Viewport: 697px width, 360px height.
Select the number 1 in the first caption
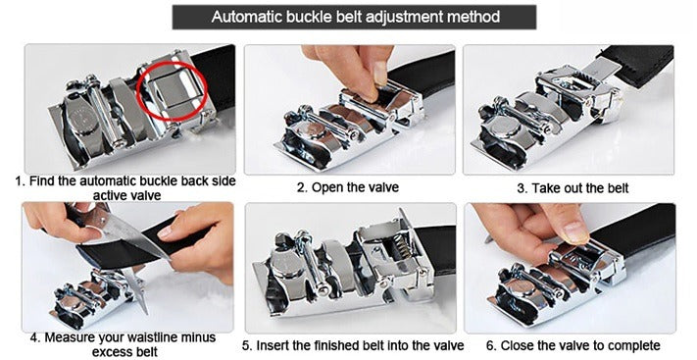point(19,181)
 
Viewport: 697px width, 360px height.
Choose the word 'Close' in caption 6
point(520,345)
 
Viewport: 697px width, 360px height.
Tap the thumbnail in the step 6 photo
point(576,232)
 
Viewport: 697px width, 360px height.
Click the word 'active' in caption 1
point(108,195)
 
